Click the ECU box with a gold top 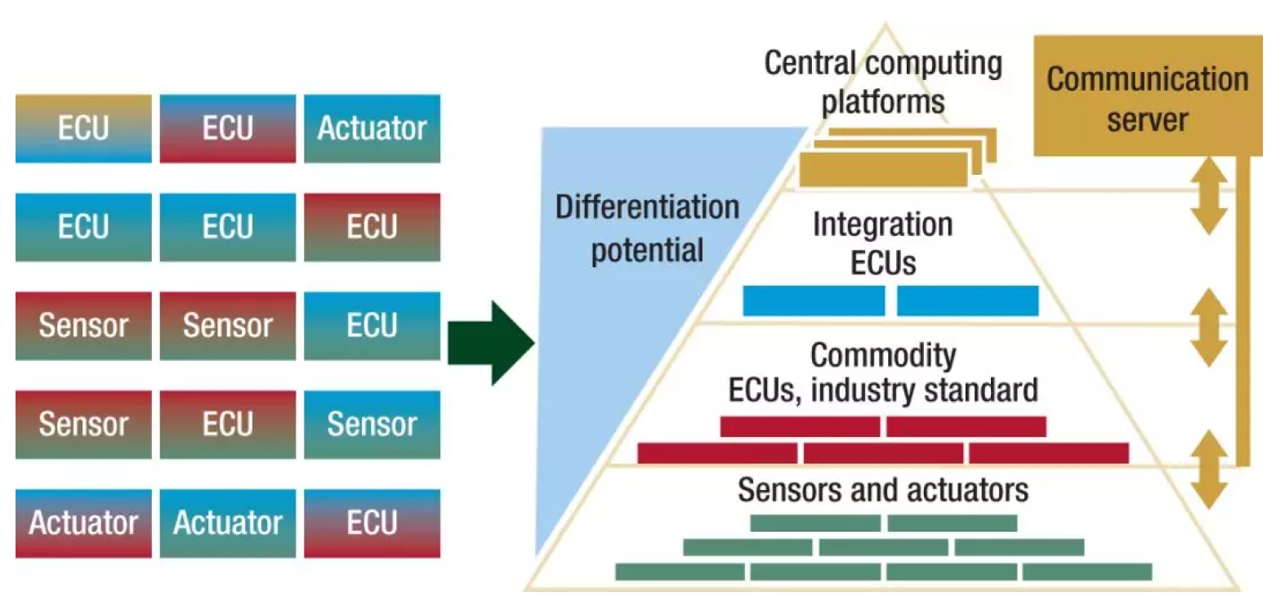coord(83,128)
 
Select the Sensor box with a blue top coord(372,424)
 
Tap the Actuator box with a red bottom coord(83,523)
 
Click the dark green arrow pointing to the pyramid coord(491,342)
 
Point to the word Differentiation coord(647,207)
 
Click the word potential coord(647,249)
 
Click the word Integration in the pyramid coord(882,225)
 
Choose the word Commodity coord(882,355)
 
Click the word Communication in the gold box coord(1148,80)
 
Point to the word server coord(1148,119)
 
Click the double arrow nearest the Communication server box coord(1209,196)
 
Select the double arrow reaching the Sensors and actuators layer coord(1209,470)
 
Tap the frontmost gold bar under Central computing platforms coord(882,172)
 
